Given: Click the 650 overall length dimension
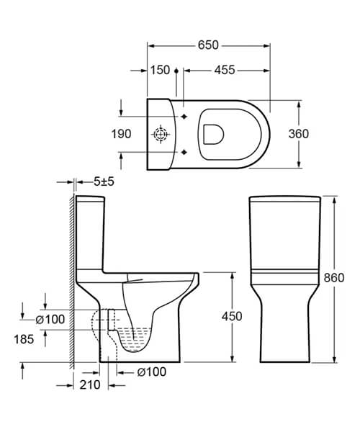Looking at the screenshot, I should tap(208, 45).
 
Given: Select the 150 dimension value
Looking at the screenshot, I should tap(161, 70).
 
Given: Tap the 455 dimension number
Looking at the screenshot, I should tap(224, 70).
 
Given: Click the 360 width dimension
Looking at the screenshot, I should tap(298, 134).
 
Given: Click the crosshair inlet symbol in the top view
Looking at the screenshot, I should tap(161, 135).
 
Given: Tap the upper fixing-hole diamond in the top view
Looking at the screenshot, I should tap(185, 117).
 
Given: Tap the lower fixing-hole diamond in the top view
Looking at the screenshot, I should tap(185, 151).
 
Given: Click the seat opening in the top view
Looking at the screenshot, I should tap(215, 134).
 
